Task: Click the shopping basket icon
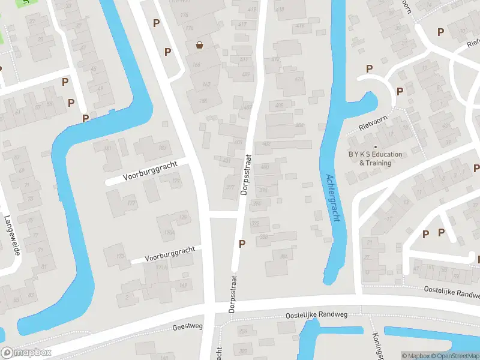[199, 44]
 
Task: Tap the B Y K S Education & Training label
[376, 158]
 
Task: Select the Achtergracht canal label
[333, 198]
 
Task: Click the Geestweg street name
[188, 326]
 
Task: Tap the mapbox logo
[26, 353]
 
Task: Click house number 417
[242, 25]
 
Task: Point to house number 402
[266, 145]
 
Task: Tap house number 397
[229, 187]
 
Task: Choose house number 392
[255, 223]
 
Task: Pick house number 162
[206, 84]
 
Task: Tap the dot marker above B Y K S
[376, 147]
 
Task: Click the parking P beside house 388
[242, 244]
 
